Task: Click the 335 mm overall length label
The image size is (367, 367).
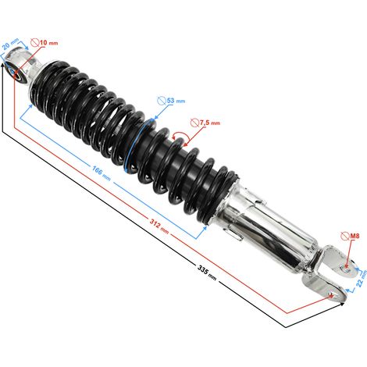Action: point(207,273)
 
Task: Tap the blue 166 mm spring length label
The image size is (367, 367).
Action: point(102,173)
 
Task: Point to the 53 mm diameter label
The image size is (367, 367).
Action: point(176,101)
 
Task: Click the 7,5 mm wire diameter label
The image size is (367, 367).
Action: point(210,123)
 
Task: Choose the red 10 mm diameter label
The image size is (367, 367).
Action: point(49,42)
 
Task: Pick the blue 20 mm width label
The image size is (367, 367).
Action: point(11,45)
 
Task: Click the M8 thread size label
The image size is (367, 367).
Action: point(355,236)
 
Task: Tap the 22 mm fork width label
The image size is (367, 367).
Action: point(362,279)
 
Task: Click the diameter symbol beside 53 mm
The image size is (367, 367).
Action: point(162,101)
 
